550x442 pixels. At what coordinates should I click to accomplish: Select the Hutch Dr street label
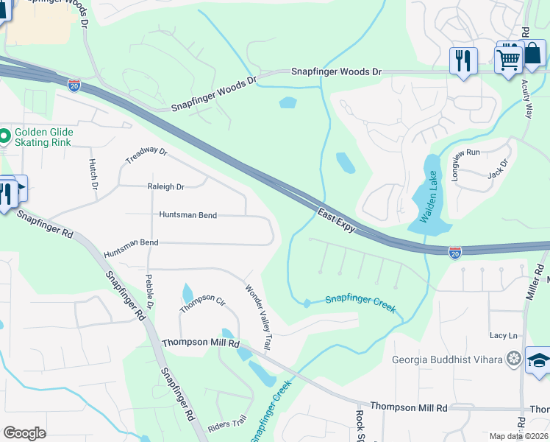coord(93,175)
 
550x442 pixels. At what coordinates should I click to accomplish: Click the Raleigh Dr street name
coord(165,187)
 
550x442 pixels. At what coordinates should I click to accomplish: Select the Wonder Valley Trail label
coord(259,318)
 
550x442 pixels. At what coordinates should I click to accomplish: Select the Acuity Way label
coord(528,100)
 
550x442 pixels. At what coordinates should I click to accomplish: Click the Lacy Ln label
coord(504,336)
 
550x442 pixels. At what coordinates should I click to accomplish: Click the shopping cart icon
coord(509,59)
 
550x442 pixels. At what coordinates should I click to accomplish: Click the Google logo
coord(24,432)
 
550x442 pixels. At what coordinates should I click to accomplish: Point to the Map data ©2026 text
coord(518,436)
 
